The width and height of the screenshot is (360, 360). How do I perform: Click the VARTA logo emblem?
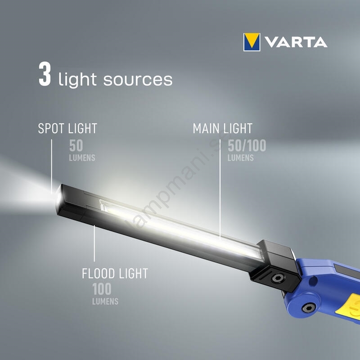click(252, 42)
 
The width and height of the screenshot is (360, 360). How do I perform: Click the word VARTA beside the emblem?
click(296, 42)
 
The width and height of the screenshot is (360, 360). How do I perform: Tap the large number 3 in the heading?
click(45, 74)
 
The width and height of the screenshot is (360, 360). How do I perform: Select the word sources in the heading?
click(138, 80)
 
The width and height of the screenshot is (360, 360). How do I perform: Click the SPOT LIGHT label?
click(67, 128)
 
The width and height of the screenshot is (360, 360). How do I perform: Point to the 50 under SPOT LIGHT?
click(76, 145)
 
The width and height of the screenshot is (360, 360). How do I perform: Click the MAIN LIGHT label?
click(222, 128)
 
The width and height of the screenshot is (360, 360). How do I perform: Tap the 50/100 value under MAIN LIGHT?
click(247, 145)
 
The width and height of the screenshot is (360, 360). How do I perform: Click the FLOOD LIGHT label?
click(115, 274)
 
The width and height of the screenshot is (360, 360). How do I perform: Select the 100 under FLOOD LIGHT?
click(102, 289)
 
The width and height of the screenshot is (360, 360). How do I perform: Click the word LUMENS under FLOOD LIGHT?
click(105, 301)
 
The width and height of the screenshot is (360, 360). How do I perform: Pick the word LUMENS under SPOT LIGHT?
click(82, 158)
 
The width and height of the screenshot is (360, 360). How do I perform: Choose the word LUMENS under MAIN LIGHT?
click(241, 158)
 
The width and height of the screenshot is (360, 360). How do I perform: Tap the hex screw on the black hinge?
click(278, 278)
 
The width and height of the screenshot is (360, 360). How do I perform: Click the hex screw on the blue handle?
click(309, 308)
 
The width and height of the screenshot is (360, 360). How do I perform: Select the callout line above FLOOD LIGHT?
click(94, 243)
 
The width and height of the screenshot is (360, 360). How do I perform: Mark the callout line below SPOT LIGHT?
click(51, 166)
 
